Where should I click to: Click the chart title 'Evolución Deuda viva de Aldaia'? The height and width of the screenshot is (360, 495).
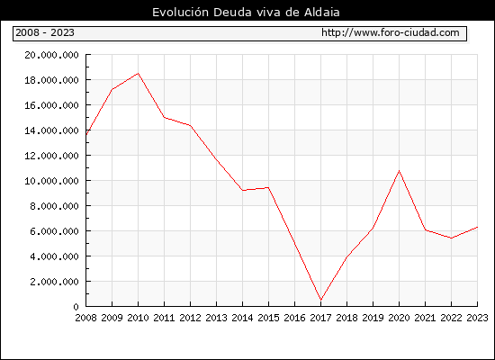coord(246,13)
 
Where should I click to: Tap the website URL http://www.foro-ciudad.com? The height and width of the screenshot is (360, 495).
coord(391,32)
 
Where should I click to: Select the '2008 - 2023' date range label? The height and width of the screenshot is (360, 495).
coord(45,32)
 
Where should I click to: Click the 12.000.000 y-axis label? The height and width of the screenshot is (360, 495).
coord(51,156)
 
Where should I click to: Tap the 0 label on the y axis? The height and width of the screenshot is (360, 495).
coord(76,307)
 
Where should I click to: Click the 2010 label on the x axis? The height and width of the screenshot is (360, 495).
coord(138,318)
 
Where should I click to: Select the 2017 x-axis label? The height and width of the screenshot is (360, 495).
coord(320,318)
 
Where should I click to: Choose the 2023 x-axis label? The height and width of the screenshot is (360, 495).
coord(477,318)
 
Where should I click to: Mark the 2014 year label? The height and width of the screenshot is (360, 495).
coord(242,318)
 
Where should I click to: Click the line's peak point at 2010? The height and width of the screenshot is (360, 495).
coord(139,74)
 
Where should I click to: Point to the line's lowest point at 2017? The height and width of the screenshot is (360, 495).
coord(320,300)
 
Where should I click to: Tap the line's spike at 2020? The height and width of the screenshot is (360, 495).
coord(399,171)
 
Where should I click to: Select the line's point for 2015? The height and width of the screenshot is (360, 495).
coord(269,187)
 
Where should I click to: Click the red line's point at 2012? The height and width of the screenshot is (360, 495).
coord(191,125)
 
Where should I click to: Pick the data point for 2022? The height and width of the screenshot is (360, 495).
coord(452,238)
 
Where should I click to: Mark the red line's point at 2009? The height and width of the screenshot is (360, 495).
coord(112,89)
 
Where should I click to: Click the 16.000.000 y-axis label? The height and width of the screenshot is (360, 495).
coord(51,105)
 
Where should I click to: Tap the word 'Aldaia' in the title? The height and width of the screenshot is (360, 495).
coord(322,13)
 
